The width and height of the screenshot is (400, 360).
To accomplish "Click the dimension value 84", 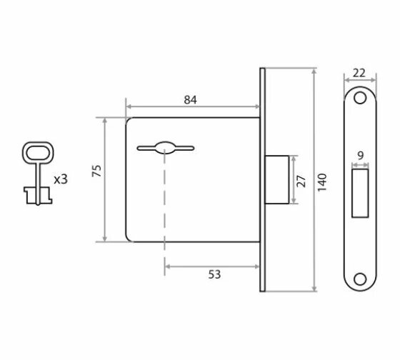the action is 190,100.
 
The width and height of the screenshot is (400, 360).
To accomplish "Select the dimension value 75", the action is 96,171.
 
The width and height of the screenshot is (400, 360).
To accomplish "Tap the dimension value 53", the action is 214,274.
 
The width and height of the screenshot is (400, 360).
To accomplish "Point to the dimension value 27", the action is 301,181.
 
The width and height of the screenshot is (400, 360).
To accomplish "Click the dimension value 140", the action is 322,182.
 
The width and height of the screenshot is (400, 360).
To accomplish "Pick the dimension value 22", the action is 359,74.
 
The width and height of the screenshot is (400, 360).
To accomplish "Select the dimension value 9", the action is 360,155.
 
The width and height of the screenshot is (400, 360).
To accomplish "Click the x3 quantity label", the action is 61,179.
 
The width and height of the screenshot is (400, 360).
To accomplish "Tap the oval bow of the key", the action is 38,153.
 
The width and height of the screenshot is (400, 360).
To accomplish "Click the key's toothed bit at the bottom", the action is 38,195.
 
